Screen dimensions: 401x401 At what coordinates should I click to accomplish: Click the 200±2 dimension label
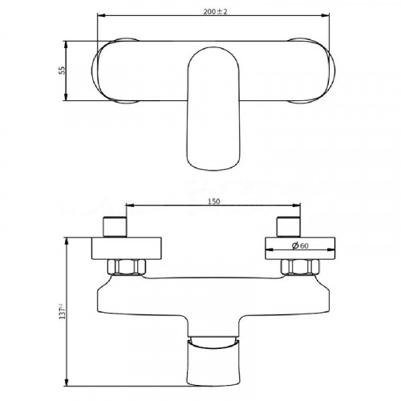pos(215,12)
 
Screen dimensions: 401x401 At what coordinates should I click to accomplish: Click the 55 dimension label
pos(62,71)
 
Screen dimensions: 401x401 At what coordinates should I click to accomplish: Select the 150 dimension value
pos(214,201)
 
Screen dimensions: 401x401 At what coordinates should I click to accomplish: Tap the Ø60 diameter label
pos(300,245)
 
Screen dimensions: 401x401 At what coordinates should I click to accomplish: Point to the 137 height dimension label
pos(62,311)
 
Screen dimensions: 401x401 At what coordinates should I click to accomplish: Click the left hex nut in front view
pos(127,267)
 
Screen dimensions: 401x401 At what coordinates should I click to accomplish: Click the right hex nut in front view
pos(300,267)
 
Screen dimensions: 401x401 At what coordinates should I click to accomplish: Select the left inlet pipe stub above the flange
pos(115,227)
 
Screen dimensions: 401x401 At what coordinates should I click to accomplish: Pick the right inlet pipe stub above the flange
pos(289,227)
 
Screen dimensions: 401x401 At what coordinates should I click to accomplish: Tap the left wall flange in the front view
pos(127,249)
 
